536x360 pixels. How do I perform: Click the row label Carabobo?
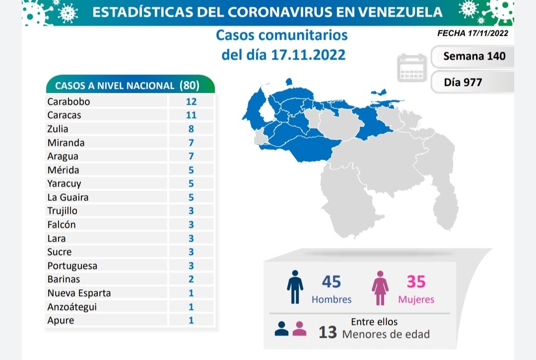(x=68, y=102)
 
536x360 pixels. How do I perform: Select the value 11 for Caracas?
(x=191, y=115)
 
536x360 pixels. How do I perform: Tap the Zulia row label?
(x=58, y=129)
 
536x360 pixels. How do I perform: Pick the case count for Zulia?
(x=191, y=129)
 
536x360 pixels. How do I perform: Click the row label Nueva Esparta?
(x=79, y=293)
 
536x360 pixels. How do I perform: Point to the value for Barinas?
(x=191, y=279)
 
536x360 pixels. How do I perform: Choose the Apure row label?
(x=61, y=320)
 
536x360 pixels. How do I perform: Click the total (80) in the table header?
(x=189, y=85)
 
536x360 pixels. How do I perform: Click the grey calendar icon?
(x=412, y=68)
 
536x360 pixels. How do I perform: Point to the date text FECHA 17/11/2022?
(x=472, y=34)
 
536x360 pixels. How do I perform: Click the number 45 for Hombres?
(x=332, y=282)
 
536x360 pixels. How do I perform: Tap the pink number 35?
(x=416, y=282)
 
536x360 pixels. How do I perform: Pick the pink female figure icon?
(x=381, y=288)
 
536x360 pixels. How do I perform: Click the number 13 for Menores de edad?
(x=328, y=333)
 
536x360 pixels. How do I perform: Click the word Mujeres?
(x=416, y=300)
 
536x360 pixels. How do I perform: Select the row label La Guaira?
(x=67, y=197)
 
